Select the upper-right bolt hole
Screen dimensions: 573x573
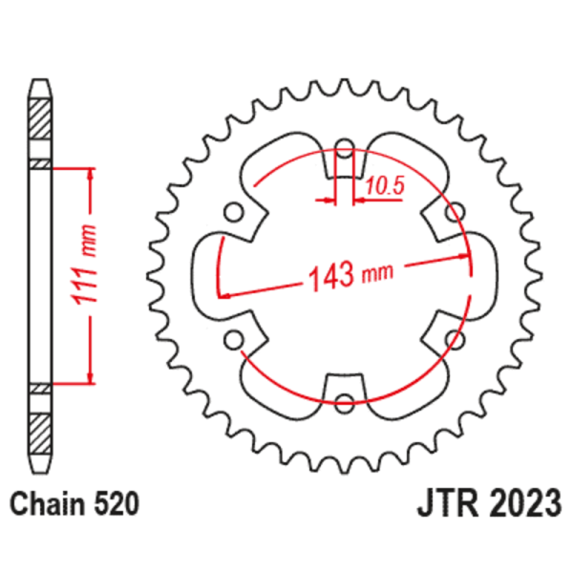(457, 211)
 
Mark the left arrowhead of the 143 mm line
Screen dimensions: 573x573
(225, 294)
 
